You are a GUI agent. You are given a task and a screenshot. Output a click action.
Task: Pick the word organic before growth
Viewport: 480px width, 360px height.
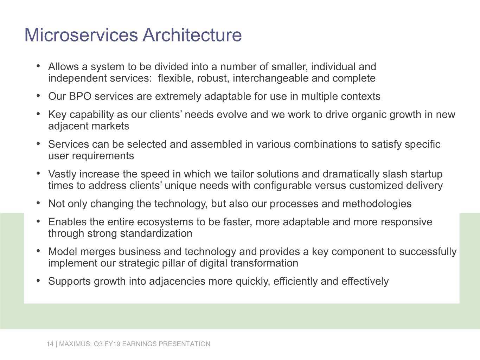click(x=369, y=115)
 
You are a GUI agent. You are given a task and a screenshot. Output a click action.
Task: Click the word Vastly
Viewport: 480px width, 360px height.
click(x=62, y=174)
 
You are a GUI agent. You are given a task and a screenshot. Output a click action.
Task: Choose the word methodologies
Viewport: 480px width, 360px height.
click(x=377, y=204)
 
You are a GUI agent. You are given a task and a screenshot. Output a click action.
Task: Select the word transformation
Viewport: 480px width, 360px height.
click(x=264, y=263)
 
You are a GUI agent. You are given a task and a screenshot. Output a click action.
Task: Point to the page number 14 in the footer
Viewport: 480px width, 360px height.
click(x=50, y=344)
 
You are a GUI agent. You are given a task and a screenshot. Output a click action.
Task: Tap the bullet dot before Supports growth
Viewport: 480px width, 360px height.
click(x=38, y=281)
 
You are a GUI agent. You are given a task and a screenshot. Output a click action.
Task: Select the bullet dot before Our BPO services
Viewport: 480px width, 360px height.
click(x=38, y=96)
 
